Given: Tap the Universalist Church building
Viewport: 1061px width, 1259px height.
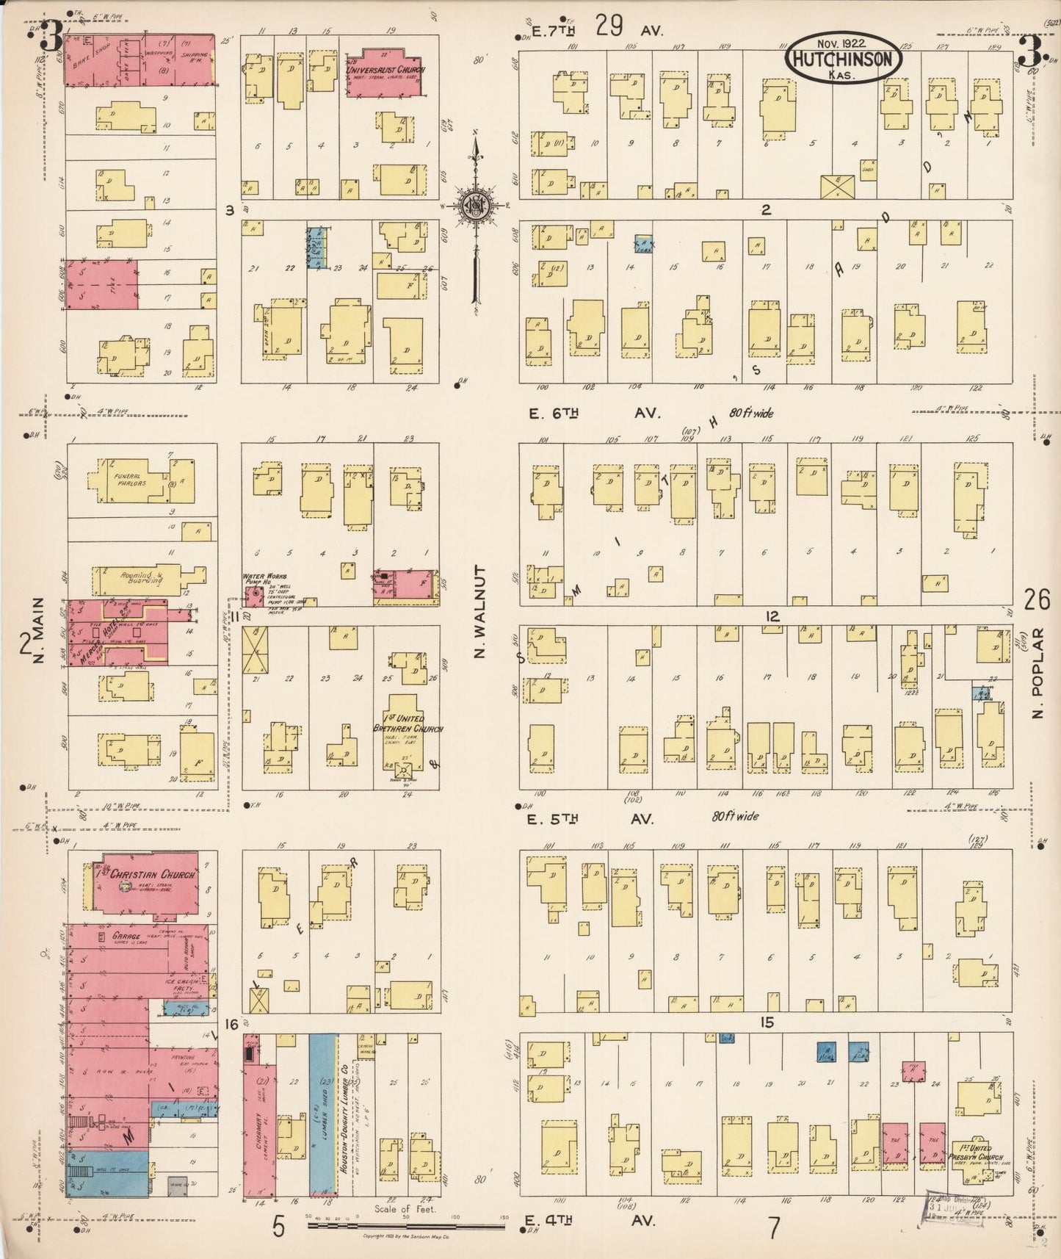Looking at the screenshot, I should coord(384,71).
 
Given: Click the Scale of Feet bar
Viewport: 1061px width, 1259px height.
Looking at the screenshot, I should coord(405,1225).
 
